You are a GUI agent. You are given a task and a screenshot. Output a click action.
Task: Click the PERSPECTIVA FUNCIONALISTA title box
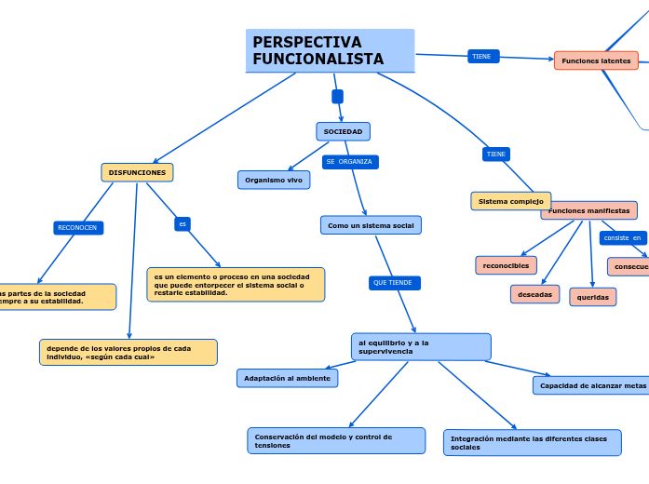point(331,50)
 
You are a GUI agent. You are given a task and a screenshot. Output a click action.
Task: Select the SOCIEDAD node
point(343,131)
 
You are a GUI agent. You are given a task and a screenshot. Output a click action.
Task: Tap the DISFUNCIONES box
point(137,172)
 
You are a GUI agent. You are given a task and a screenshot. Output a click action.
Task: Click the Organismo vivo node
point(274,180)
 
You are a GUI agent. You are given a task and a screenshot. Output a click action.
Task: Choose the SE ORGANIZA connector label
point(349,162)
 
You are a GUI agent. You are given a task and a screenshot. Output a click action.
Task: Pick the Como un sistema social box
point(371,225)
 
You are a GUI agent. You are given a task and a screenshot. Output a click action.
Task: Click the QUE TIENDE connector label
point(393,282)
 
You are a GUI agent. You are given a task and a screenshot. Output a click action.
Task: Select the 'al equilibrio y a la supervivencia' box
point(421,346)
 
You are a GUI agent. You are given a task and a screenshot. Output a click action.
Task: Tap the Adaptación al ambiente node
point(287,378)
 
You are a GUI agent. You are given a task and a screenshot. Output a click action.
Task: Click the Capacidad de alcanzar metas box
point(592,385)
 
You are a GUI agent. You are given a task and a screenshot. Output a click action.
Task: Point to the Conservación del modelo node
point(336,440)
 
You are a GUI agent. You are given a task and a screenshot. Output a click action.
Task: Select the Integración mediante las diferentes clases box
point(532,442)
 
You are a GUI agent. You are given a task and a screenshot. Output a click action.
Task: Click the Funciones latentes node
point(596,60)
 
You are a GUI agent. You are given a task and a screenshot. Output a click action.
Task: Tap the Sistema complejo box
point(510,201)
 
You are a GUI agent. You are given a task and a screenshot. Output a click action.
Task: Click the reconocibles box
point(506,265)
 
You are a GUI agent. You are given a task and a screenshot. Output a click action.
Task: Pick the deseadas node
point(534,294)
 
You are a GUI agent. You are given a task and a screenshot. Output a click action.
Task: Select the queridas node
point(593,297)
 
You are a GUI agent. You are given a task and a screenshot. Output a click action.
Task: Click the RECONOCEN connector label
point(77,228)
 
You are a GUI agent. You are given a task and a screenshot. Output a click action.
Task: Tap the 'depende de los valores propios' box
point(128,352)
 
